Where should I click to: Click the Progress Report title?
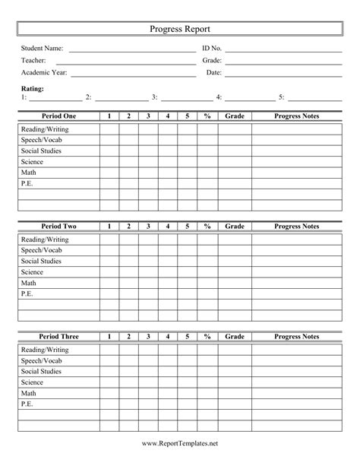(179, 28)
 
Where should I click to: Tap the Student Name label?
(42, 49)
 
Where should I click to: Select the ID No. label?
(211, 49)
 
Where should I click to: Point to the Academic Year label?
(44, 73)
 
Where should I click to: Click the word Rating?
(33, 89)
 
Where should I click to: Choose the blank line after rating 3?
(187, 100)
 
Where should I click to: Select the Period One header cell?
(58, 116)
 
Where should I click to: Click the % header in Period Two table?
(207, 227)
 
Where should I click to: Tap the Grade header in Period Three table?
(235, 336)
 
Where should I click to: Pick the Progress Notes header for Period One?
(296, 116)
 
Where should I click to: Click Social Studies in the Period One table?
(41, 151)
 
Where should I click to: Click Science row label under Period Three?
(32, 382)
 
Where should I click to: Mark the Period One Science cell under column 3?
(148, 162)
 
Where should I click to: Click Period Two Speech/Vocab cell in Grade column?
(235, 250)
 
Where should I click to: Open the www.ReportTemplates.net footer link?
(179, 442)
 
